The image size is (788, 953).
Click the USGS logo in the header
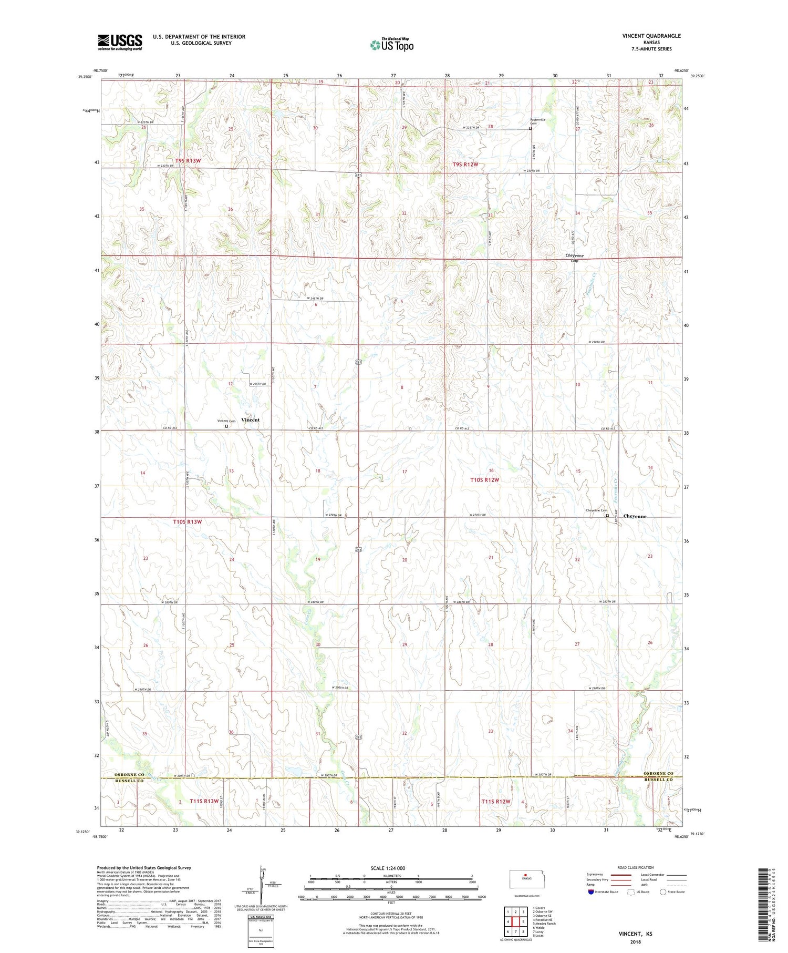point(120,42)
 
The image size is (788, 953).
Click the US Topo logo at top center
point(391,45)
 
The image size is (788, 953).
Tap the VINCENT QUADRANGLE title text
point(651,36)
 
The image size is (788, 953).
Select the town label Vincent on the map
point(250,420)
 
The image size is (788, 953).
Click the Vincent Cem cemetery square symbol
point(226,426)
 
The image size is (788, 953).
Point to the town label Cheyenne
point(635,516)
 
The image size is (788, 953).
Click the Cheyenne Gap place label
point(574,258)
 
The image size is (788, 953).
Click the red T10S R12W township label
point(484,479)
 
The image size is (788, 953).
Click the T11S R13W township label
point(204,801)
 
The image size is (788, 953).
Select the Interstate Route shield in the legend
point(591,892)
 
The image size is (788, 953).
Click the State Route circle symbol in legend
point(663,892)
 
